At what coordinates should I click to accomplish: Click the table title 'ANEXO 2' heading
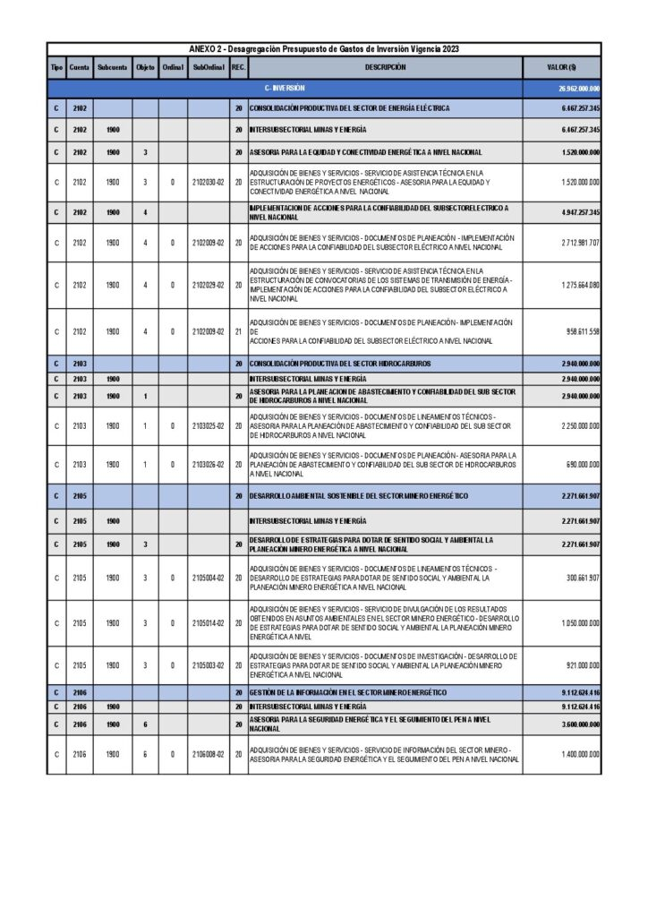pos(324,48)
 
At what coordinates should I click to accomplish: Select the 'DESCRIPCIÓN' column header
pos(385,67)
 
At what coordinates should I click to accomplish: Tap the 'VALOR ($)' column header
pos(562,67)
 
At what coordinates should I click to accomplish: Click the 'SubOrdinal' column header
pos(208,67)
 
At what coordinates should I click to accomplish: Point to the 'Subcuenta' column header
pos(113,67)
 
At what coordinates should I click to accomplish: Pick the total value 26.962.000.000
pos(578,89)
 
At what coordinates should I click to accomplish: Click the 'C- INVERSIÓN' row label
pos(286,89)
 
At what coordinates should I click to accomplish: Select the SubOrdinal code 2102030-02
pos(208,182)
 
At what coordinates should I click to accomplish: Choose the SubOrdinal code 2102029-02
pos(208,286)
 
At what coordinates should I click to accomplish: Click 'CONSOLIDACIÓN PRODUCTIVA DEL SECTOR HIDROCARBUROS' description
pos(339,364)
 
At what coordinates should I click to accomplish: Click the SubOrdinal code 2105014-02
pos(208,623)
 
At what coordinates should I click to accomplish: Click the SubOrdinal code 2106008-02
pos(208,755)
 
